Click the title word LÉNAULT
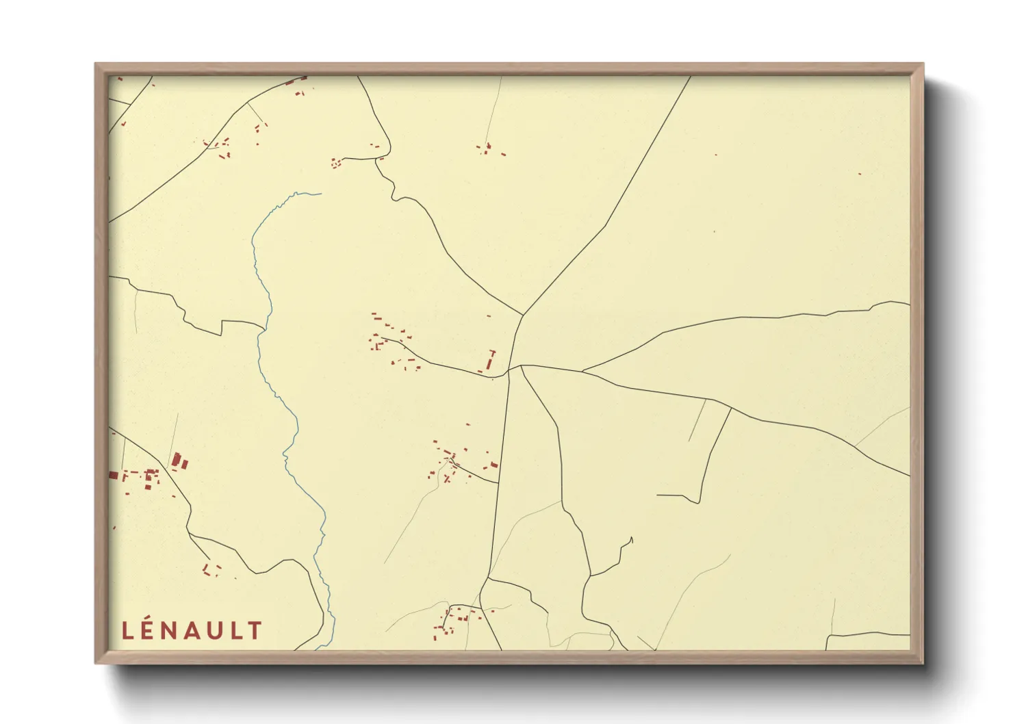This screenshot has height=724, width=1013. pyautogui.click(x=192, y=630)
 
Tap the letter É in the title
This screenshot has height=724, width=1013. pyautogui.click(x=150, y=630)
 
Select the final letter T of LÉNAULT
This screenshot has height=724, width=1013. pyautogui.click(x=255, y=630)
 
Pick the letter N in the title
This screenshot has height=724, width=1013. pyautogui.click(x=171, y=630)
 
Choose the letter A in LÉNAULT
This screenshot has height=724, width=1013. pyautogui.click(x=192, y=630)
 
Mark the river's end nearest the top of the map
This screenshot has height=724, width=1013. pyautogui.click(x=320, y=193)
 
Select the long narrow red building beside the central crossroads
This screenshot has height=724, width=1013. pyautogui.click(x=491, y=359)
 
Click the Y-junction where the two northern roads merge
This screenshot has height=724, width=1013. pyautogui.click(x=524, y=315)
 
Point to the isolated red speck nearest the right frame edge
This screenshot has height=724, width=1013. pyautogui.click(x=860, y=174)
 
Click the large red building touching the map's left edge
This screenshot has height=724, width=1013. pyautogui.click(x=114, y=475)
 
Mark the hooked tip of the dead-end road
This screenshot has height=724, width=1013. pyautogui.click(x=631, y=539)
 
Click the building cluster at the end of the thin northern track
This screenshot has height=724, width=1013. pyautogui.click(x=487, y=148)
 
